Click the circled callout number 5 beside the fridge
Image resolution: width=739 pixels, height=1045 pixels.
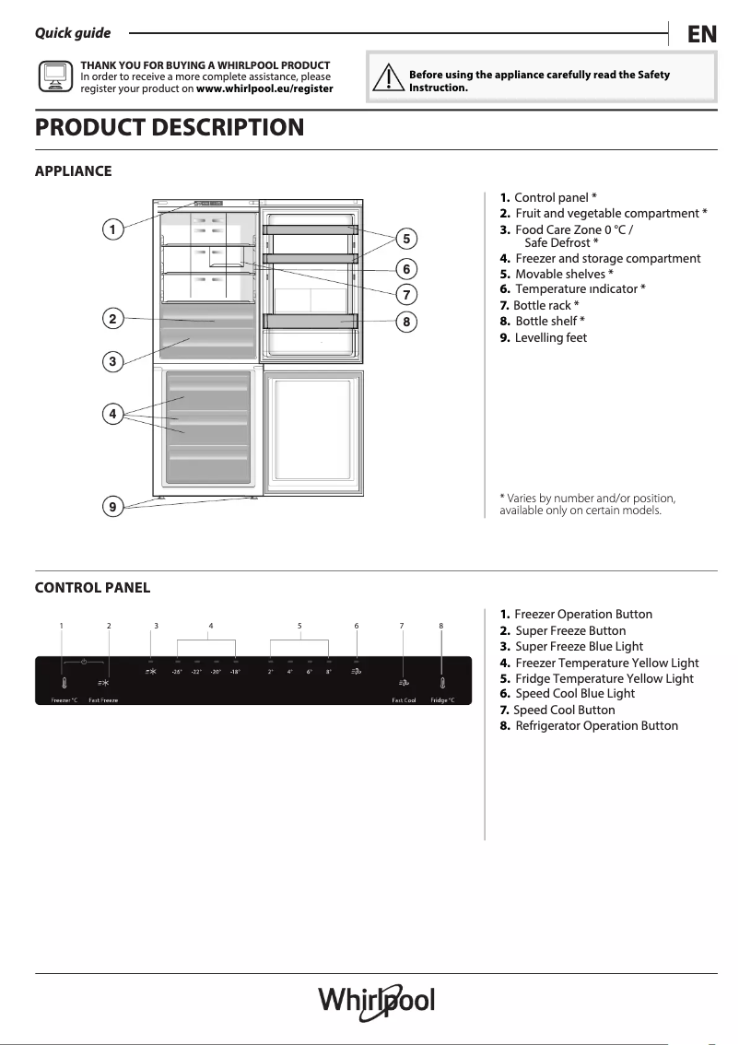[x=406, y=239]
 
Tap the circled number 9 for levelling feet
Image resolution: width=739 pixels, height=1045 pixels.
[x=111, y=506]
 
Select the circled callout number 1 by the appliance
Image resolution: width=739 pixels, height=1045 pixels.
[x=111, y=229]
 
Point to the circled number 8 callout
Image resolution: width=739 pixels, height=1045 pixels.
[x=406, y=322]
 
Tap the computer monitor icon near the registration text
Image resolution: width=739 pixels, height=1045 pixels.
[x=54, y=76]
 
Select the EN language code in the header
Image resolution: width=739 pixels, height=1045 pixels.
[x=701, y=34]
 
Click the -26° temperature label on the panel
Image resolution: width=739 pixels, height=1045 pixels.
[x=176, y=672]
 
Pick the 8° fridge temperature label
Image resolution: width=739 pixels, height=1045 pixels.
[x=328, y=672]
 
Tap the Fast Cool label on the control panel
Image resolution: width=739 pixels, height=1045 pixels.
[x=404, y=700]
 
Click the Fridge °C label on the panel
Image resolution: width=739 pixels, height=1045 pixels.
[x=442, y=700]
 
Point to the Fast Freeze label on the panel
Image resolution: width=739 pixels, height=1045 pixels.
[x=103, y=700]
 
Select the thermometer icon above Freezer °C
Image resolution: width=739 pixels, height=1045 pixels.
[x=64, y=684]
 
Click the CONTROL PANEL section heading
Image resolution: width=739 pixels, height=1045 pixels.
[x=92, y=588]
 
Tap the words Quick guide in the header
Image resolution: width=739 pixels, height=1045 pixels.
[x=73, y=33]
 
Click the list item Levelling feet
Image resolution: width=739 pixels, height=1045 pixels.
[x=550, y=337]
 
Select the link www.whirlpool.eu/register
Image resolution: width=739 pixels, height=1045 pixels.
[x=264, y=89]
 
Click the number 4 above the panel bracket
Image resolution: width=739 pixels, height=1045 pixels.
[x=211, y=627]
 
